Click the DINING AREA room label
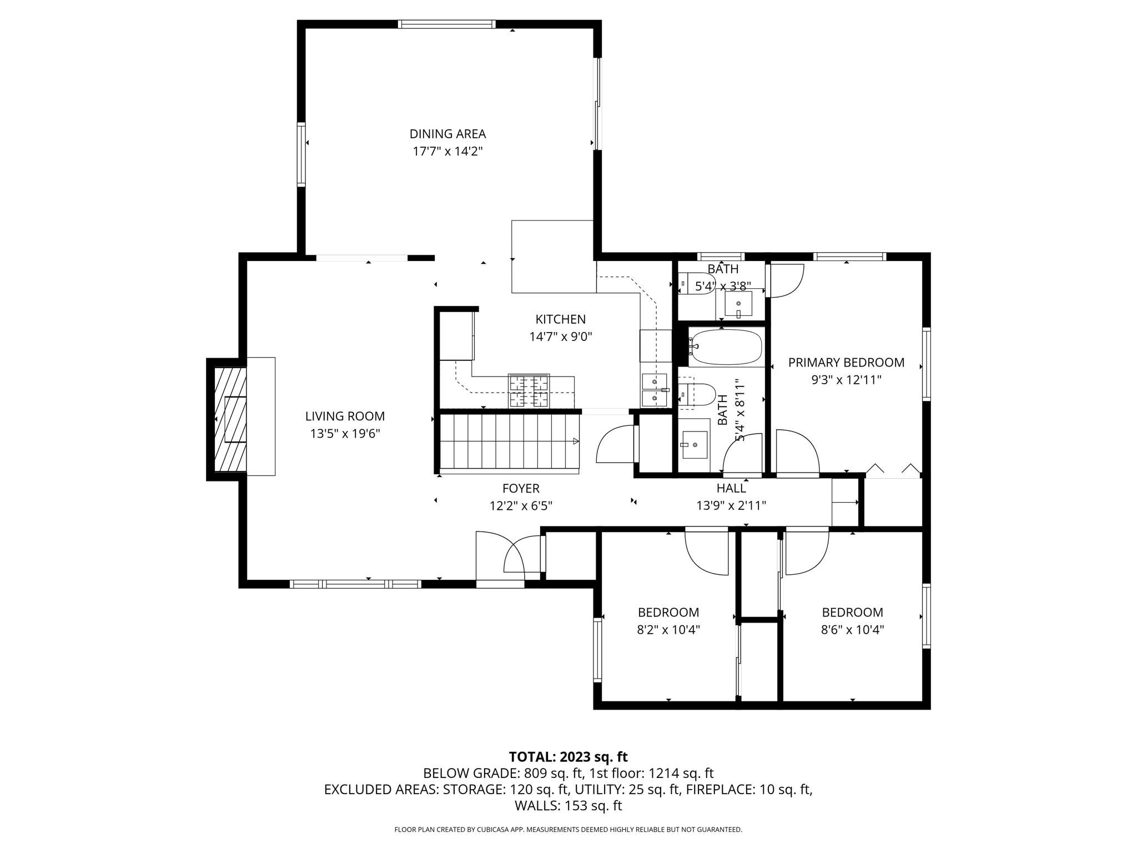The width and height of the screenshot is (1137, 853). point(447,134)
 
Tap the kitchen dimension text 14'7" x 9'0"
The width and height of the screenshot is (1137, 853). point(560,337)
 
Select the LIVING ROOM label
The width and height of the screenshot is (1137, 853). point(345,416)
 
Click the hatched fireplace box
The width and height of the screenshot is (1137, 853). point(230,419)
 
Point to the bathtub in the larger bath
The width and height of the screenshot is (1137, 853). point(725,348)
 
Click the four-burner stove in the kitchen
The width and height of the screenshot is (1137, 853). point(529,391)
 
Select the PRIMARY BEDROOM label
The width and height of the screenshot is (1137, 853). point(846,363)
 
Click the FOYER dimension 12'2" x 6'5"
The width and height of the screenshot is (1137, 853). point(520,506)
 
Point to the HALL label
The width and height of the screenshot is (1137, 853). point(731,488)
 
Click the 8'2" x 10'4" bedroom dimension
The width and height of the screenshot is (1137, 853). point(668,630)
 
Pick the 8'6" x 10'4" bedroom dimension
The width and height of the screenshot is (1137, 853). point(852,630)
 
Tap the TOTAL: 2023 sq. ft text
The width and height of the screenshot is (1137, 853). point(568,757)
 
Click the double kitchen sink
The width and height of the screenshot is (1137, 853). point(655,390)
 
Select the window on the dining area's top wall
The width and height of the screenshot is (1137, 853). point(446,24)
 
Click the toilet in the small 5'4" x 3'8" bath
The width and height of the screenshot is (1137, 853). point(698,283)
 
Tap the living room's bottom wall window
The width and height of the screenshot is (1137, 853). point(355,584)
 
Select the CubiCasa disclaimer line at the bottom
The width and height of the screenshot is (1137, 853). point(568,830)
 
